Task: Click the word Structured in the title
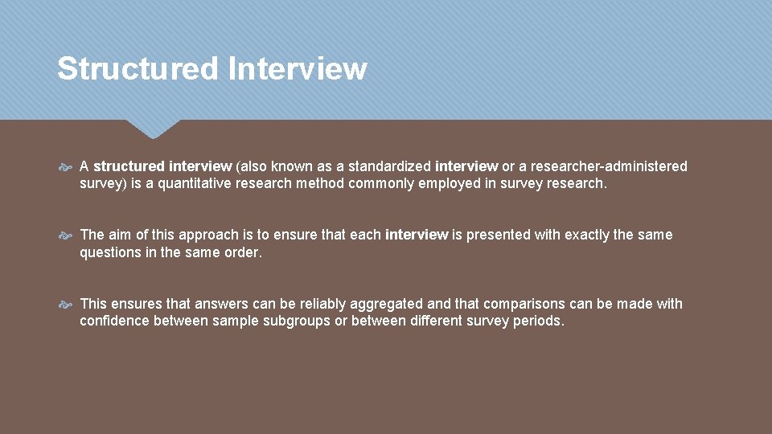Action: pos(138,69)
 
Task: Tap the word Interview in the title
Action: pos(297,69)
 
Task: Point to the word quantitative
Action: pos(198,183)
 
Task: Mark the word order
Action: pos(244,252)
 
